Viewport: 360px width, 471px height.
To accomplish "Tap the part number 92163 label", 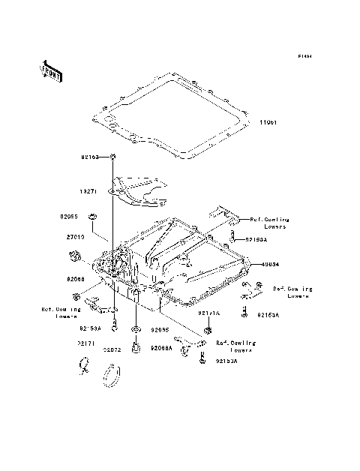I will pos(91,157).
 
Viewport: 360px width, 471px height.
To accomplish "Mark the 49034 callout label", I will pos(271,264).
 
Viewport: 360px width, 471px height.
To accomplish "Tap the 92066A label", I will pos(161,349).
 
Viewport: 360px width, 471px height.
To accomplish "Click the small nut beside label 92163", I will pos(112,157).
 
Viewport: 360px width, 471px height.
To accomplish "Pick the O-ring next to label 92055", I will pos(92,217).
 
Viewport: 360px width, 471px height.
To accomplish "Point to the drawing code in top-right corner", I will pos(304,56).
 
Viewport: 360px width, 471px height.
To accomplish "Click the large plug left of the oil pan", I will pos(75,258).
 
